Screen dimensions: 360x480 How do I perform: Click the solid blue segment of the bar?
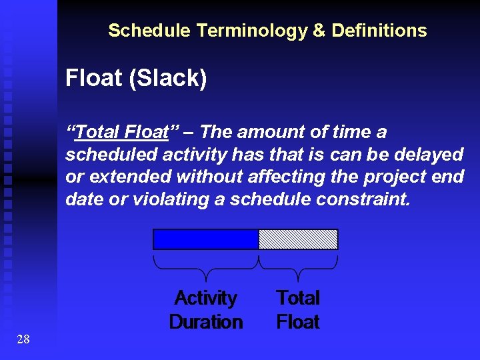tap(206, 239)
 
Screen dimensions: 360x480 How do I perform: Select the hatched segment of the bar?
tap(298, 239)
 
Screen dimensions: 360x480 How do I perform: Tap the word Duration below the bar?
tap(206, 322)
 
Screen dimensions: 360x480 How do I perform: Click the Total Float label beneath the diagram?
tap(298, 310)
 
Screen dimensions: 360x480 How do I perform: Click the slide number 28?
tap(23, 340)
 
